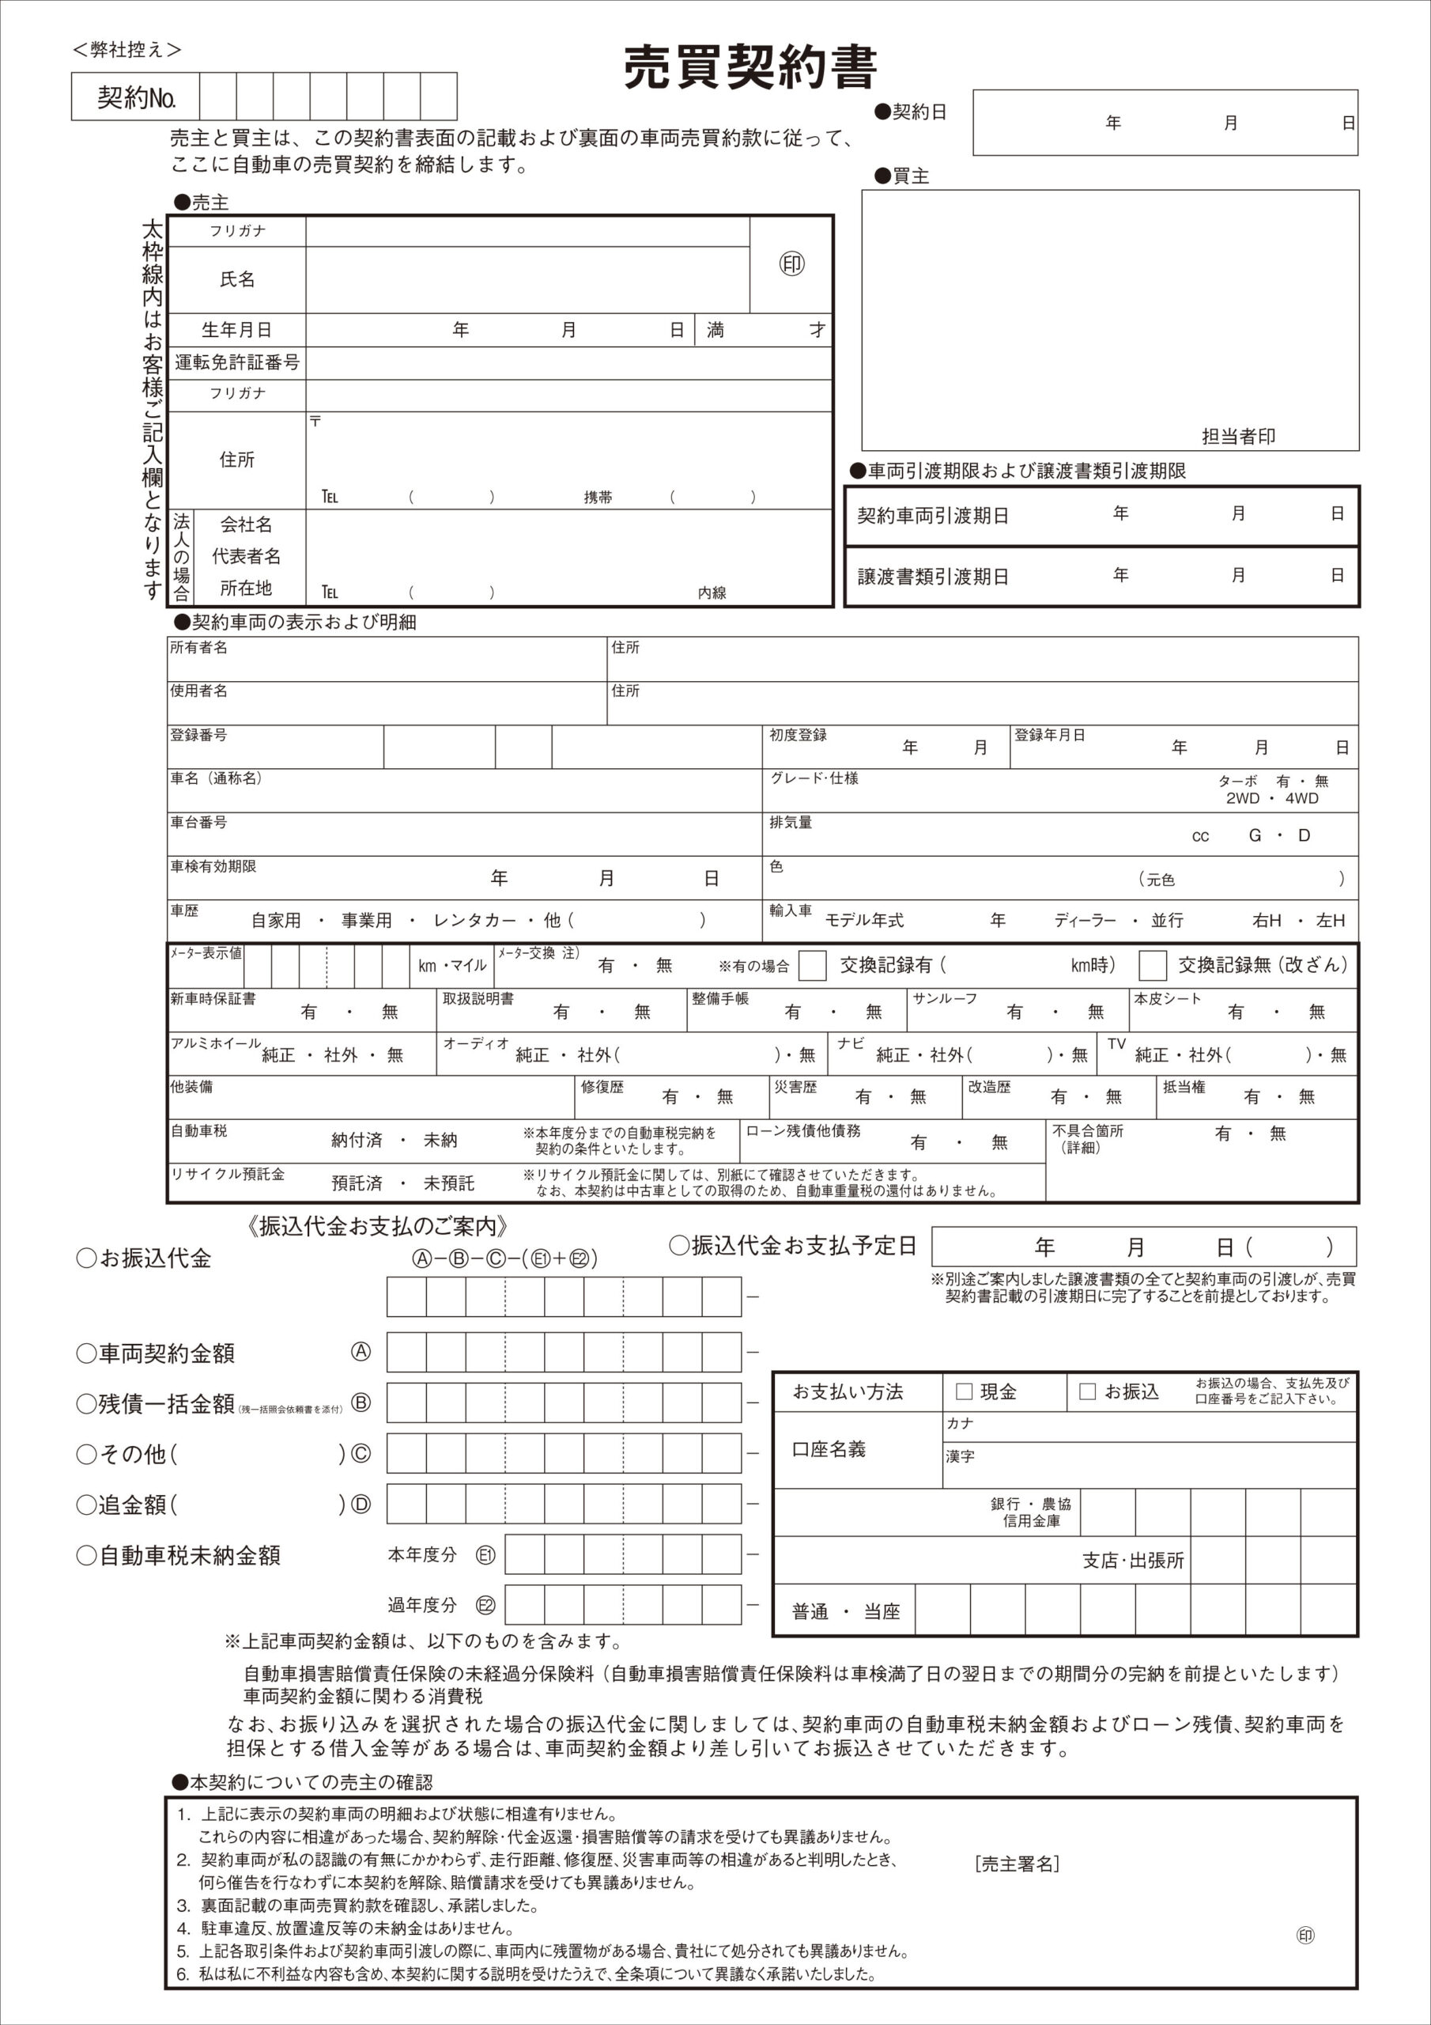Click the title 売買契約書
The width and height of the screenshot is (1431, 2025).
coord(750,67)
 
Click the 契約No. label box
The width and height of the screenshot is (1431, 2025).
coord(136,97)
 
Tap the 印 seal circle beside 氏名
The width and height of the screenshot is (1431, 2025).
coord(791,263)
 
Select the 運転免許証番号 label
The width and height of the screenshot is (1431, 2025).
coord(236,362)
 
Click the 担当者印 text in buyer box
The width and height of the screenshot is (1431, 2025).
coord(1238,436)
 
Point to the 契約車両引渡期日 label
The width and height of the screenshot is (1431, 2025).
coord(933,516)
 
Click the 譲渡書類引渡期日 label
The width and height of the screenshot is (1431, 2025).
coord(933,577)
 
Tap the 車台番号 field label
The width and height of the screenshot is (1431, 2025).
coord(198,822)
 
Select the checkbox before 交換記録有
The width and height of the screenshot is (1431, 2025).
coord(812,965)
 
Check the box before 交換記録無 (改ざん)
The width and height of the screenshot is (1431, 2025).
coord(1153,965)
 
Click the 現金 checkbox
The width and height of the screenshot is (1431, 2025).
coord(964,1391)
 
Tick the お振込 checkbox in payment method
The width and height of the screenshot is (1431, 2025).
coord(1087,1391)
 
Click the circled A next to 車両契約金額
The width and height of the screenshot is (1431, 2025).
coord(361,1351)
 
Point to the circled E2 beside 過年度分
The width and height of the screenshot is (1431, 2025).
coord(485,1605)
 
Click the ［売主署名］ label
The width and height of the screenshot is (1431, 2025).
coord(1018,1864)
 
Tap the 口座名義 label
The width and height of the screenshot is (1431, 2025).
coord(829,1449)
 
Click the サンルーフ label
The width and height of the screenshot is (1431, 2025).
coord(944,998)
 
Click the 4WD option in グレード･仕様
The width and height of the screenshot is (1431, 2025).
coord(1301,798)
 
